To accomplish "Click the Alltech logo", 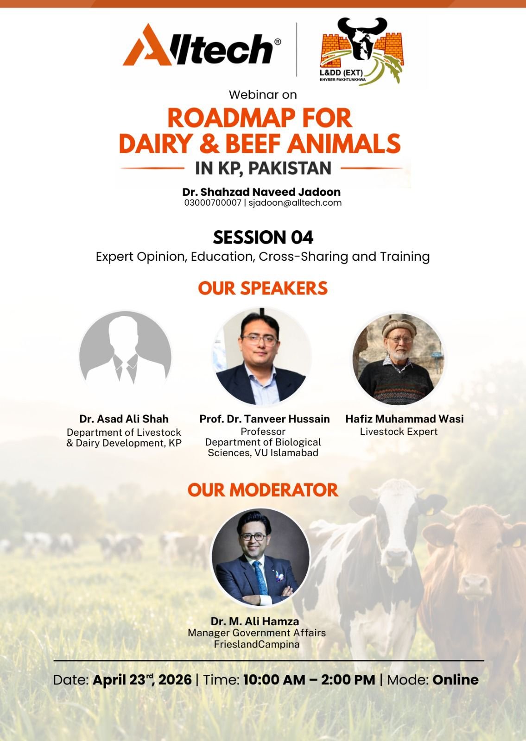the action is (x=202, y=45).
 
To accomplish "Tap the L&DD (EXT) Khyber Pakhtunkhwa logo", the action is (x=361, y=51).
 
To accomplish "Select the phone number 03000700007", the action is (x=213, y=203).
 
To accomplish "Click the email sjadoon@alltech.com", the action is (x=295, y=203).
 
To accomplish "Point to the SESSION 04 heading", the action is (x=263, y=238).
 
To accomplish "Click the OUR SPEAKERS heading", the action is (x=263, y=288).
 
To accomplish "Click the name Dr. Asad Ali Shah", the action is (x=124, y=419).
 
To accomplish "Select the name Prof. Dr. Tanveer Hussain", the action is (x=265, y=419).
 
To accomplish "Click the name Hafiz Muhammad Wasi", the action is (x=405, y=419).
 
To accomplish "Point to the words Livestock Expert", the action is (x=399, y=431).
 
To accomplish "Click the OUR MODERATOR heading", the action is (x=263, y=490).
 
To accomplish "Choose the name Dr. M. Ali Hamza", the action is (x=255, y=621).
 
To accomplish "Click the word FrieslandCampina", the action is (x=257, y=644).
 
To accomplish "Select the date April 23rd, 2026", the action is (x=142, y=680).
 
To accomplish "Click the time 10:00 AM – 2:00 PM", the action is (x=310, y=680).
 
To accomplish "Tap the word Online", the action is (x=456, y=680).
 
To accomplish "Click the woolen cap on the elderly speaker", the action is (x=399, y=327).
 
